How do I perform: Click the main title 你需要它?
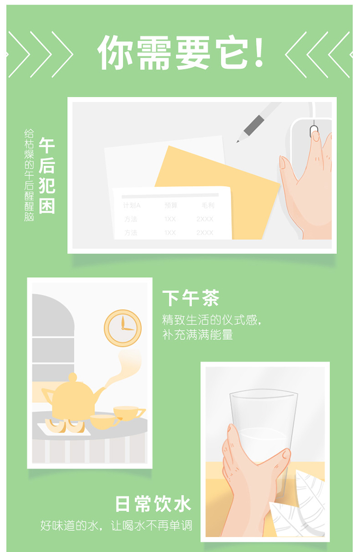(x=180, y=53)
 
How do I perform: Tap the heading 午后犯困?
(x=47, y=176)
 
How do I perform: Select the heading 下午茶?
(x=191, y=298)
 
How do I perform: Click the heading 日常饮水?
(x=153, y=504)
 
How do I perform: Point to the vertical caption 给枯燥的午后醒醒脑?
(x=29, y=175)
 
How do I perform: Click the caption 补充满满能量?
(x=198, y=334)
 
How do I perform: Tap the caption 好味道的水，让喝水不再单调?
(x=116, y=525)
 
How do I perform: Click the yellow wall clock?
(x=122, y=328)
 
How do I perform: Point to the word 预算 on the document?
(x=171, y=205)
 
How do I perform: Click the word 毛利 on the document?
(x=208, y=205)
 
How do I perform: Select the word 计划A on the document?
(x=132, y=205)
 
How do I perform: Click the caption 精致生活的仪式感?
(x=211, y=320)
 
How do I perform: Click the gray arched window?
(x=53, y=338)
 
